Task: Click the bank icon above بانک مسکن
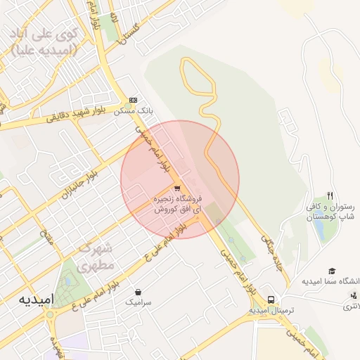pos(133,101)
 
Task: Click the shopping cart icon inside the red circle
pos(176,188)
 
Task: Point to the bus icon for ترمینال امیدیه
pos(281,298)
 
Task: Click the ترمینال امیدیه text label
pos(271,310)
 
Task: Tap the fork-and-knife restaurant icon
pos(330,195)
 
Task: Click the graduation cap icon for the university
pos(332,271)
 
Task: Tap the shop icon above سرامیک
pos(139,291)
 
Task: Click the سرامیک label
pos(139,302)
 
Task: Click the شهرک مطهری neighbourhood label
pos(96,257)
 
